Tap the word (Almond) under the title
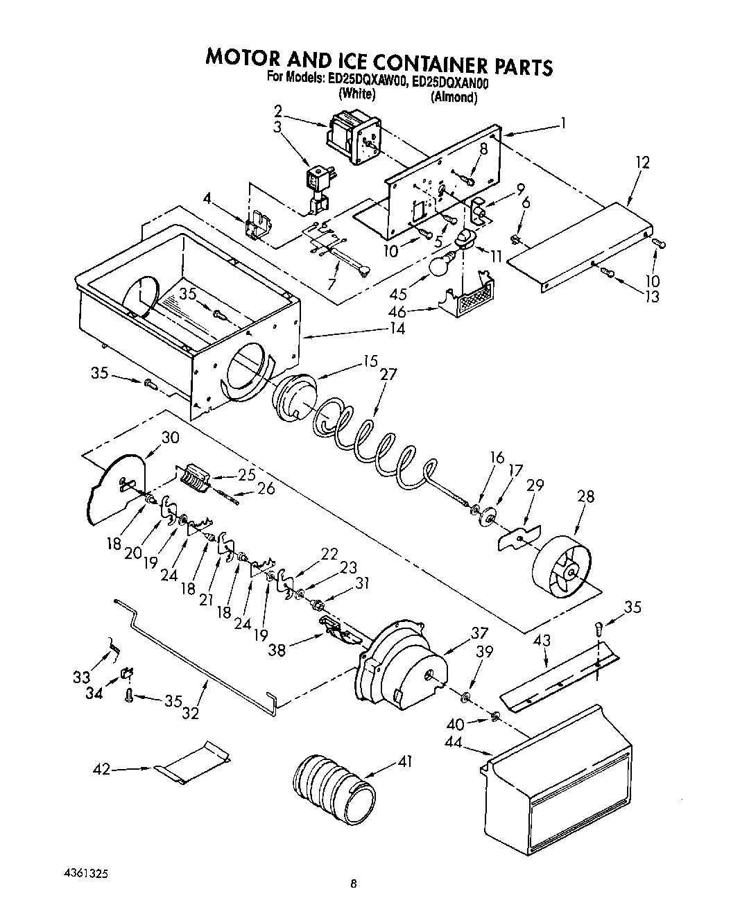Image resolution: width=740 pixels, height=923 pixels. [x=454, y=98]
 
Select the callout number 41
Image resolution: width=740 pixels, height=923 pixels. [x=405, y=761]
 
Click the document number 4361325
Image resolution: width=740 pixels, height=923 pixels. [x=83, y=885]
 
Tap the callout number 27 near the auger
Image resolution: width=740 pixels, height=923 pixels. [x=388, y=374]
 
